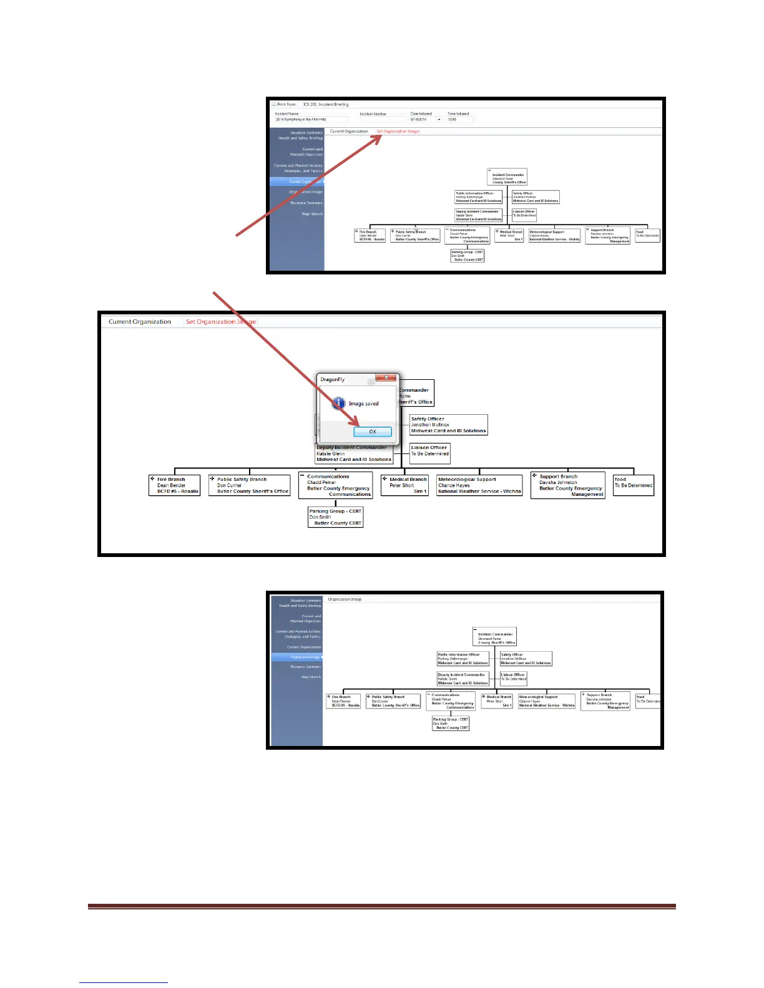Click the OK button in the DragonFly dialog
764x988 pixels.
click(x=373, y=432)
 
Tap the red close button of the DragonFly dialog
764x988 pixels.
click(x=386, y=378)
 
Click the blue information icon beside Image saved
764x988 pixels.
click(x=338, y=403)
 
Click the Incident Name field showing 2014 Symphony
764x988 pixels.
click(x=311, y=119)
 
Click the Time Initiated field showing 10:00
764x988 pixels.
click(x=459, y=119)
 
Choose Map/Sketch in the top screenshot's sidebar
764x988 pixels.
click(x=312, y=214)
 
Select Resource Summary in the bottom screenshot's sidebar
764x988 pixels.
click(x=305, y=667)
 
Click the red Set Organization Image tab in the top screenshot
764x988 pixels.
click(x=398, y=132)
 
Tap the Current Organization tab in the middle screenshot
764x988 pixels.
click(x=140, y=322)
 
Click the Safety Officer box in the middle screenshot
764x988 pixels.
click(x=448, y=425)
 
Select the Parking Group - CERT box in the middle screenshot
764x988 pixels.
click(x=335, y=517)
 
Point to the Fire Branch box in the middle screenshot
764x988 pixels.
click(x=175, y=485)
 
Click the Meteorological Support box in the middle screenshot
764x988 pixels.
click(x=479, y=485)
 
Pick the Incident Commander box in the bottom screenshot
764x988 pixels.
click(x=495, y=637)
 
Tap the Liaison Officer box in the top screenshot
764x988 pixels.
click(x=524, y=214)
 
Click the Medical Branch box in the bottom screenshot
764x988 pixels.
click(x=497, y=701)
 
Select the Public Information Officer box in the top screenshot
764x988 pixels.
click(x=479, y=197)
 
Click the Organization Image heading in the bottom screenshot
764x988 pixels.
click(x=345, y=599)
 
